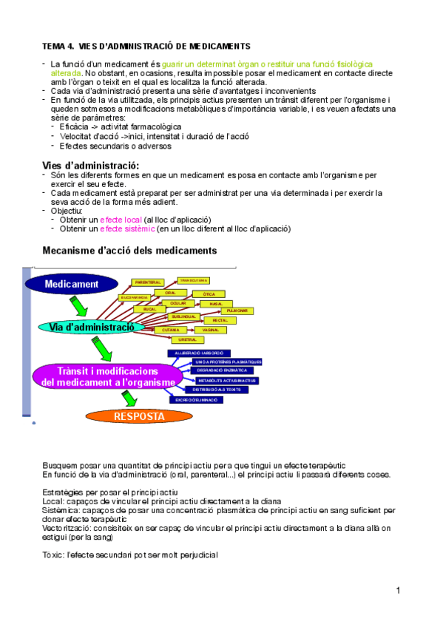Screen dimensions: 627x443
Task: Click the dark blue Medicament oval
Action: [71, 284]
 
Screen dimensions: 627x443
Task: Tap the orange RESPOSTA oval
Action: [140, 416]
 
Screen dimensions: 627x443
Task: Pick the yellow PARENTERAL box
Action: [149, 282]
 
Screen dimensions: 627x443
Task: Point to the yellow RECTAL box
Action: [220, 320]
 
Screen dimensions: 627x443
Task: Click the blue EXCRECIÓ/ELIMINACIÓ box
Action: [195, 399]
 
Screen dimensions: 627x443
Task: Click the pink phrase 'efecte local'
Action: [121, 220]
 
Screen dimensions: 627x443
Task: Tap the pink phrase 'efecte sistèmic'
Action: [126, 229]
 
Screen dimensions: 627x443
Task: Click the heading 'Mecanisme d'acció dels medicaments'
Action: [129, 251]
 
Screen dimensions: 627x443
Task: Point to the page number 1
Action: [397, 591]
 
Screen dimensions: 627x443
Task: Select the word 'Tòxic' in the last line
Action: [53, 555]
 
